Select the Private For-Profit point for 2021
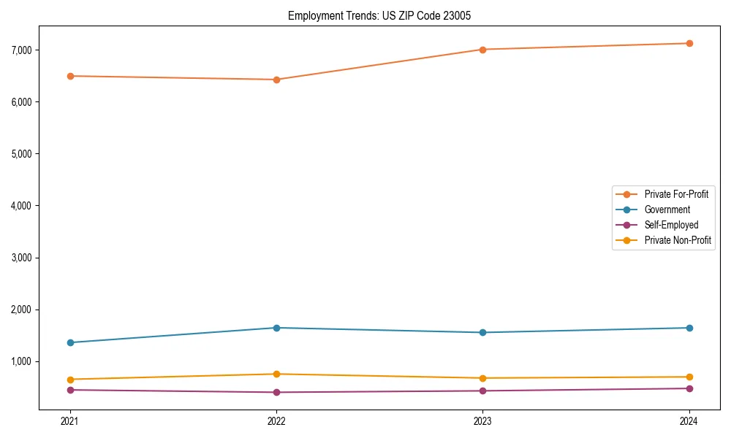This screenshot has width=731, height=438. pyautogui.click(x=70, y=76)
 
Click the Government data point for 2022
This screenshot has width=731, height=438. pyautogui.click(x=276, y=328)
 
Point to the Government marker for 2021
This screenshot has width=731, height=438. pyautogui.click(x=70, y=342)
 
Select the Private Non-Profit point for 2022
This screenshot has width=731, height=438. pyautogui.click(x=276, y=374)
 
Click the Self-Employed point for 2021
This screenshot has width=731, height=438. pyautogui.click(x=70, y=390)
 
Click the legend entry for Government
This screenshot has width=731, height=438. pyautogui.click(x=667, y=210)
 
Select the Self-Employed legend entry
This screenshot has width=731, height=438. pyautogui.click(x=671, y=225)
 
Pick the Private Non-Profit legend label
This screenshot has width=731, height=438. pyautogui.click(x=678, y=240)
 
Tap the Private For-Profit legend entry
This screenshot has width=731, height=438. pyautogui.click(x=676, y=194)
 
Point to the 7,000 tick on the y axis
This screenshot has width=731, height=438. pyautogui.click(x=23, y=50)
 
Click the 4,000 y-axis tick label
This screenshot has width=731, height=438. pyautogui.click(x=23, y=206)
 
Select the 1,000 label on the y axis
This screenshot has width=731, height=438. pyautogui.click(x=23, y=361)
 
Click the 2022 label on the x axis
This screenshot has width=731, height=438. pyautogui.click(x=276, y=420)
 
